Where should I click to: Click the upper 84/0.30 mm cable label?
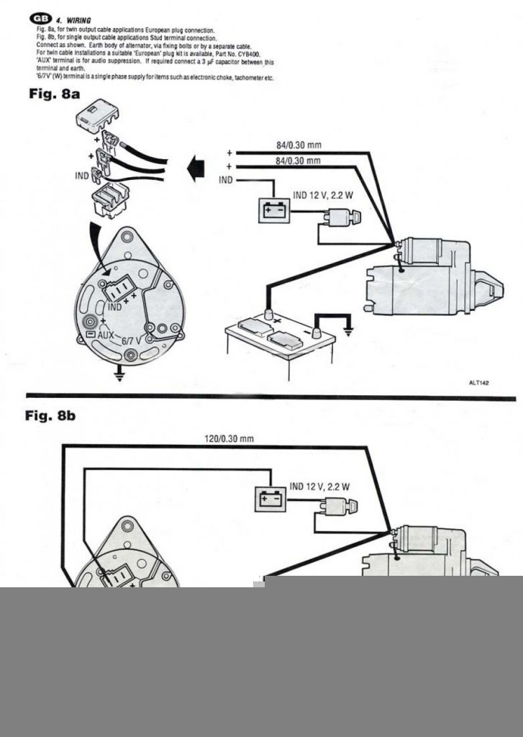(298, 145)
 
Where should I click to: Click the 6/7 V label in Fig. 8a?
(132, 341)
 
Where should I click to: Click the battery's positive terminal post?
(268, 313)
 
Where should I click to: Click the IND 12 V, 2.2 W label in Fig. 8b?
(319, 487)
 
